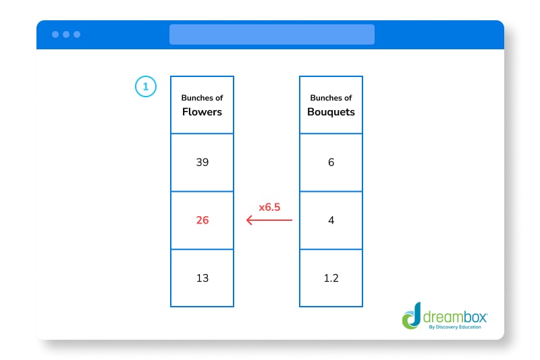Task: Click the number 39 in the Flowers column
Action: point(202,163)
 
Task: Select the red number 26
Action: point(202,220)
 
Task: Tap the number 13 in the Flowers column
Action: point(202,278)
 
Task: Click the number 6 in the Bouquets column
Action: point(331,163)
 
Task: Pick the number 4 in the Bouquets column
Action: point(331,220)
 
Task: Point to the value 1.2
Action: point(331,278)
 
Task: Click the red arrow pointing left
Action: point(269,220)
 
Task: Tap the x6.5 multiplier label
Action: point(270,207)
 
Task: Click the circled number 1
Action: point(145,86)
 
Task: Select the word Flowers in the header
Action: point(202,111)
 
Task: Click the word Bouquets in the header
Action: point(331,111)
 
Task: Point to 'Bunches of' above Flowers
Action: point(202,99)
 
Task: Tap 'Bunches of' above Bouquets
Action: point(331,99)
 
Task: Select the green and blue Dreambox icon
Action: point(412,318)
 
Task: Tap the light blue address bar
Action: point(271,34)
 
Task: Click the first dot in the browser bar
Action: point(55,34)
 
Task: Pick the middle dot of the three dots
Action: point(65,34)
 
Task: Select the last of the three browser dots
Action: point(76,34)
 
